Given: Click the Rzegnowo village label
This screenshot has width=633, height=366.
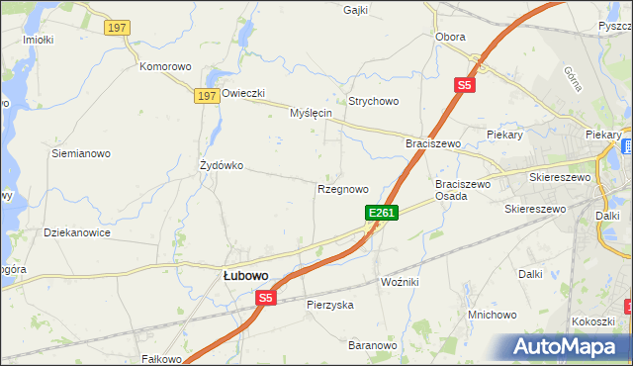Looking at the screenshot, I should [x=343, y=189].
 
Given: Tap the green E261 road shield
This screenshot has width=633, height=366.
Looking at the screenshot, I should [x=382, y=213].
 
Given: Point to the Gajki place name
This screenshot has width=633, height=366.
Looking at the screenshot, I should [x=355, y=10].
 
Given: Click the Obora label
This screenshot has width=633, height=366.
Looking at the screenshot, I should [x=450, y=37].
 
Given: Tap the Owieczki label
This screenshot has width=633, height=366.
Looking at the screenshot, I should [x=243, y=94].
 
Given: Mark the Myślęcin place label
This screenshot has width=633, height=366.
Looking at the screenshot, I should [x=310, y=114].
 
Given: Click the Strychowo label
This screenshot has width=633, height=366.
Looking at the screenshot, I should [x=373, y=101].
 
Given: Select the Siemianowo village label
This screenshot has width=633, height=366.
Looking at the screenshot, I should [x=81, y=153].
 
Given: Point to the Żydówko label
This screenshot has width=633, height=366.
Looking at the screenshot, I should [x=222, y=165].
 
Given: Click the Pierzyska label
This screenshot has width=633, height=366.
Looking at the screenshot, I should [x=330, y=305].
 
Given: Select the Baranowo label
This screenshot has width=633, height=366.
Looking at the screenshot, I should [x=372, y=345].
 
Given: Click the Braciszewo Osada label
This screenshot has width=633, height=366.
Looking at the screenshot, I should [x=464, y=190].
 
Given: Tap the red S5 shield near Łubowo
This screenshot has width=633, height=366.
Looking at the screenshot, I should [x=265, y=298].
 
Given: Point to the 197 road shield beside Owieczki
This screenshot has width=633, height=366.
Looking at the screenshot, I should [x=205, y=95].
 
